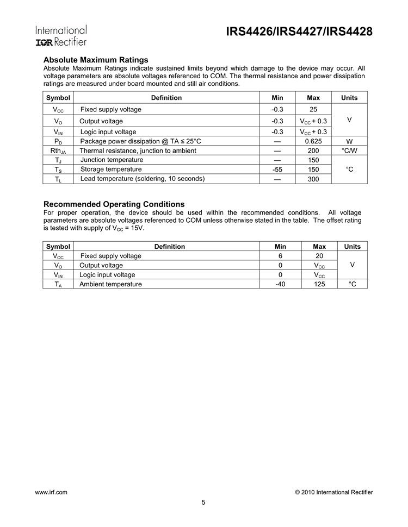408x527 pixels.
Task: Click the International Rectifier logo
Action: (x=61, y=36)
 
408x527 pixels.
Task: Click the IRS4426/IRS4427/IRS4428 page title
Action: (x=299, y=32)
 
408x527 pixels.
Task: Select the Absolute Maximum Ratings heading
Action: (x=95, y=60)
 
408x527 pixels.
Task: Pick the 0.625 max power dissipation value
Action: (x=313, y=141)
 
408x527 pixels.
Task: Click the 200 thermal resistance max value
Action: (x=313, y=150)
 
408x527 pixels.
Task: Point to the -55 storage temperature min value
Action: (x=276, y=170)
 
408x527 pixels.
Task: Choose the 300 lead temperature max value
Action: (x=313, y=179)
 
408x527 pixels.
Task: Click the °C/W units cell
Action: (x=349, y=150)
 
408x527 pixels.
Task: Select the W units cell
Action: (x=349, y=141)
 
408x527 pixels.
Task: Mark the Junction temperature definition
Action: (x=112, y=160)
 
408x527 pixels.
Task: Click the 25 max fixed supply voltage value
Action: (x=313, y=110)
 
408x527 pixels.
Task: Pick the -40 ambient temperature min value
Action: (x=281, y=284)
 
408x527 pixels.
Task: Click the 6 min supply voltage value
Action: (x=281, y=256)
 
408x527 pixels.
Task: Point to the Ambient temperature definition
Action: (x=110, y=284)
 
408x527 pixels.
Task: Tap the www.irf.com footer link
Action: (x=51, y=492)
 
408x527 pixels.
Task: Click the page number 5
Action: (x=203, y=503)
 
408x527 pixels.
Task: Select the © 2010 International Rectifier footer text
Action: (x=333, y=492)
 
